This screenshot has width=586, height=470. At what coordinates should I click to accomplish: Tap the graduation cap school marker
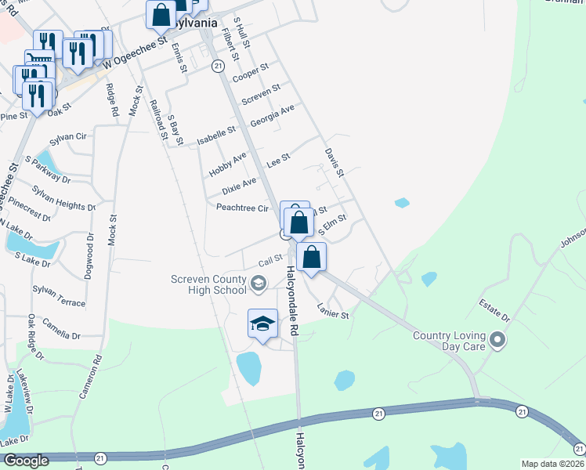(263, 324)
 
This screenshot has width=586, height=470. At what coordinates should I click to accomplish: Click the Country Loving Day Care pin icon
(496, 340)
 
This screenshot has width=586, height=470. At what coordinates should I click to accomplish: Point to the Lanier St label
(332, 310)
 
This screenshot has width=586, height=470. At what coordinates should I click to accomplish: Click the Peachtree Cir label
(242, 208)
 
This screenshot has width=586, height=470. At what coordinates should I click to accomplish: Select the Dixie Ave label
(239, 186)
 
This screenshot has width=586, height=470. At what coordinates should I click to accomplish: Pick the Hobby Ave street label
(228, 164)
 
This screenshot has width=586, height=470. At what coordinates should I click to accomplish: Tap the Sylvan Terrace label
(59, 296)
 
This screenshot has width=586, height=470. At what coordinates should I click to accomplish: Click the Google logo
(26, 461)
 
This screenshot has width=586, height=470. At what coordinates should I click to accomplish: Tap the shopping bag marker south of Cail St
(311, 257)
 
